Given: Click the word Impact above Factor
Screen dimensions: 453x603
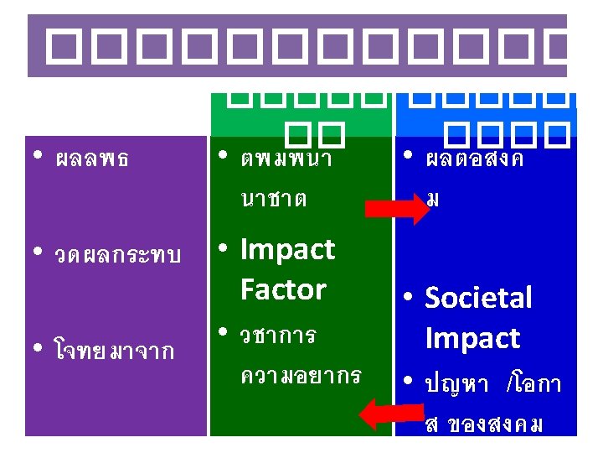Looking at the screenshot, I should click(286, 250).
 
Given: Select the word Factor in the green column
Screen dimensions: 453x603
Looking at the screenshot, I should click(282, 289).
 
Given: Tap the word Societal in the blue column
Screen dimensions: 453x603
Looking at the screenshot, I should click(478, 298).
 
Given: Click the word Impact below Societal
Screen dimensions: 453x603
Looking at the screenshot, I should click(472, 338).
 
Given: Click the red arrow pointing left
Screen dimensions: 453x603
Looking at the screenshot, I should click(386, 413).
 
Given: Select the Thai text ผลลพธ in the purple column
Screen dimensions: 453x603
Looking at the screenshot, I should click(91, 159).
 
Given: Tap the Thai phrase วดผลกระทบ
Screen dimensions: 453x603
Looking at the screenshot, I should click(116, 256).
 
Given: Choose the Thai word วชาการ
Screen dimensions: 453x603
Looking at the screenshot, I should click(277, 336).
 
